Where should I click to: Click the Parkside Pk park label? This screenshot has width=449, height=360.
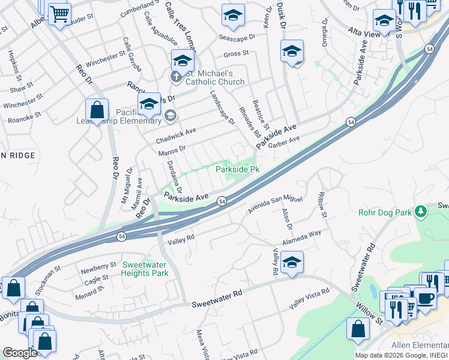(x=237, y=169)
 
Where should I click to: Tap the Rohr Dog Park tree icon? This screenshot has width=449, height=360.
(x=421, y=211)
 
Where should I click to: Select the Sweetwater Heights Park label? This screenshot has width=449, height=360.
(x=145, y=269)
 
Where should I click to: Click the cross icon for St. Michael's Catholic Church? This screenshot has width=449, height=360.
(x=176, y=76)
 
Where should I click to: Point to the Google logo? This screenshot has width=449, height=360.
(x=20, y=353)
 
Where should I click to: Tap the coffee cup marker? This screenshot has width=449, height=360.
(x=426, y=299)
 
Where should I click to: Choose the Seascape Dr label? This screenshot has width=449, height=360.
(x=237, y=37)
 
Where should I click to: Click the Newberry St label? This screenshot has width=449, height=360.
(x=99, y=266)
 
